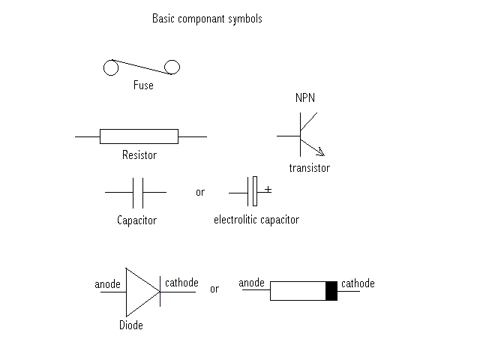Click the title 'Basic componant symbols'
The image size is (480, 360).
point(207,19)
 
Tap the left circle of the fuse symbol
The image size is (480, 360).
point(111,68)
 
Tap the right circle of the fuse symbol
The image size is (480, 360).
point(172,67)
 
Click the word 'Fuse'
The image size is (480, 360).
point(142,85)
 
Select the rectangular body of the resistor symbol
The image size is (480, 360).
point(139,136)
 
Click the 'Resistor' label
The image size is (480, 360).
point(139,155)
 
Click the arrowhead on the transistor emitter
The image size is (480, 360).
point(320,152)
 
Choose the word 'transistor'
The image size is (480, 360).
point(309,169)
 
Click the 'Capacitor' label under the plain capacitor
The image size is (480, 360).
point(136,220)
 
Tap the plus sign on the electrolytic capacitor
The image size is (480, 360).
point(268,190)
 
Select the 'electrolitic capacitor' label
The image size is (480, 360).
point(256,220)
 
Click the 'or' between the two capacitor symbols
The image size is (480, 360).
point(200,193)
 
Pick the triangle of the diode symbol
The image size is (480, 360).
point(140,292)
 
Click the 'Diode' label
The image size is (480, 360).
point(130,325)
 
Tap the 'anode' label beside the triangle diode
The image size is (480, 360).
point(108,285)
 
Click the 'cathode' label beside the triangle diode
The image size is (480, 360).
point(181,283)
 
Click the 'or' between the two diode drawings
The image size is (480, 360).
point(214,289)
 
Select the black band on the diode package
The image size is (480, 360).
point(331,291)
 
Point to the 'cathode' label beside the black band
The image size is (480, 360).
point(358,283)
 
